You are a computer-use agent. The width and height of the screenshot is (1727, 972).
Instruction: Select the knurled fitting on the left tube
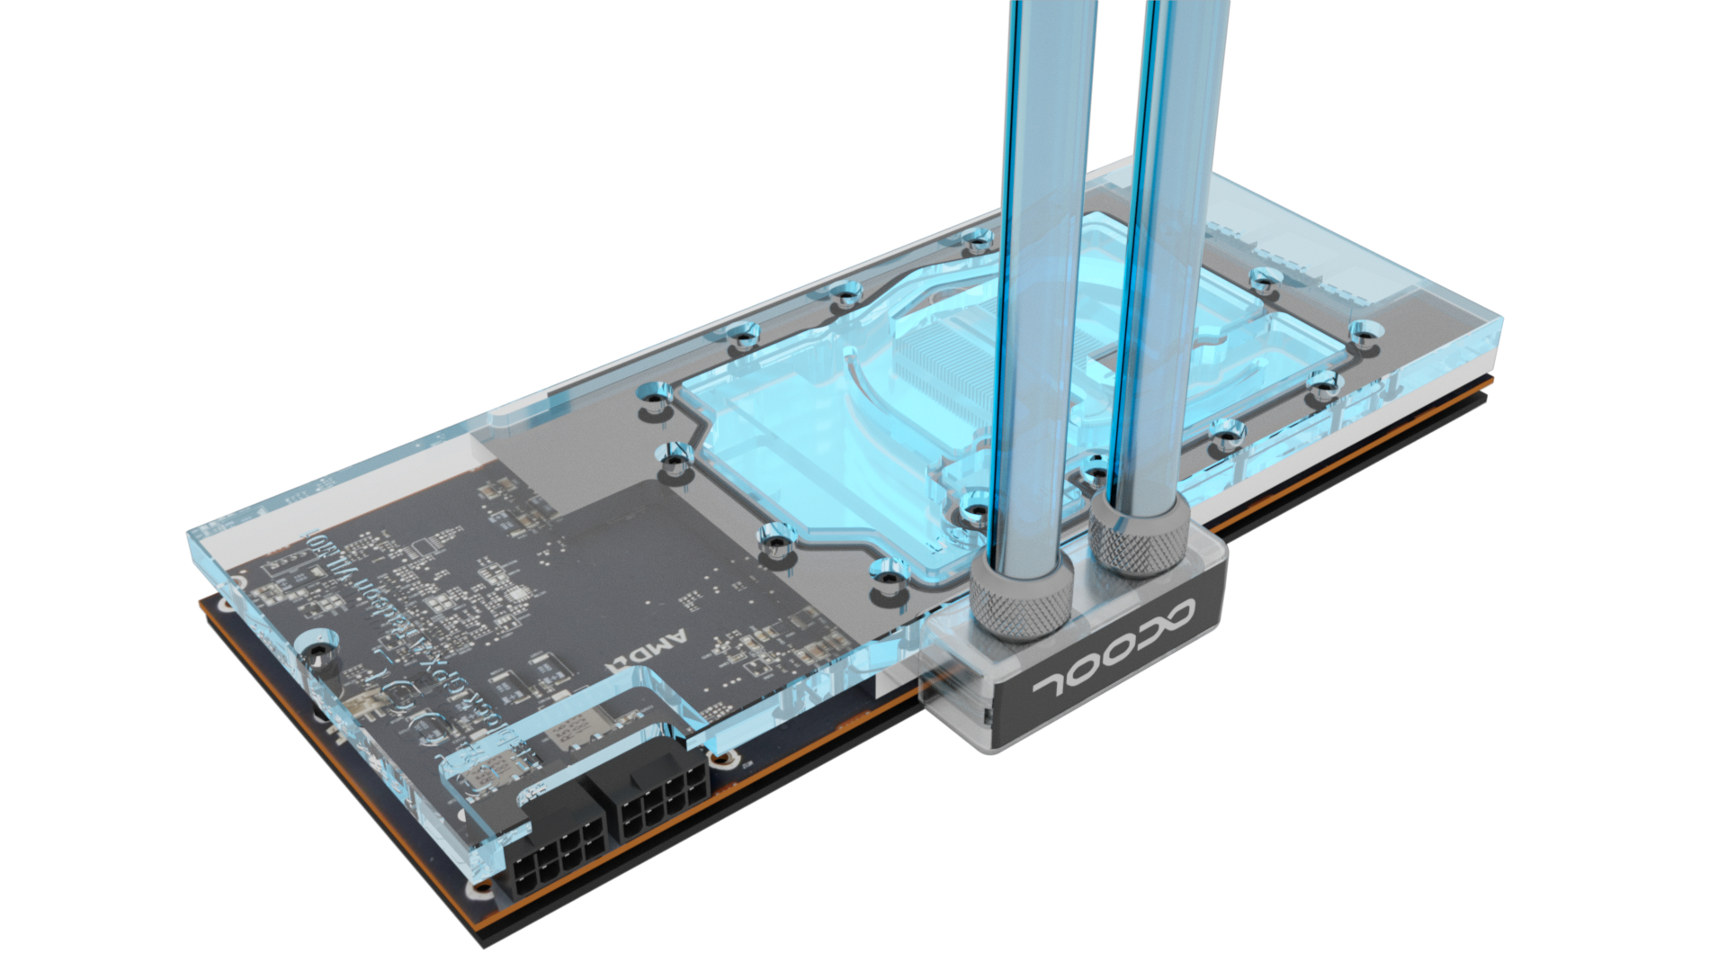(1021, 594)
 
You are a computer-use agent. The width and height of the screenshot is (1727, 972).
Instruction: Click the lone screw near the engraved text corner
(317, 650)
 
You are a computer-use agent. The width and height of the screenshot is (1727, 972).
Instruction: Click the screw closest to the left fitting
(972, 514)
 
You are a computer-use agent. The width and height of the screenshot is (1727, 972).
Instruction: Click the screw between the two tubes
(1094, 468)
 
